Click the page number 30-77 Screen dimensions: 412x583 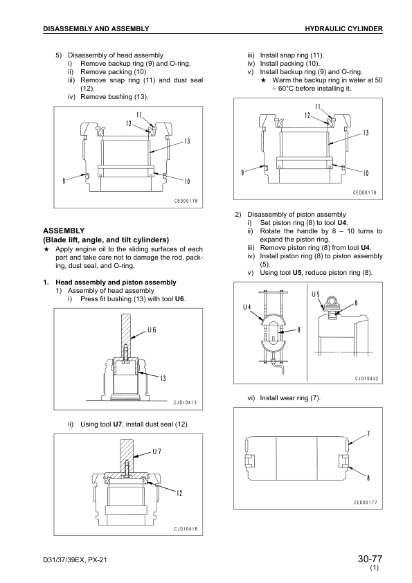pyautogui.click(x=370, y=559)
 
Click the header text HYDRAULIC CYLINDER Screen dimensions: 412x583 pyautogui.click(x=343, y=28)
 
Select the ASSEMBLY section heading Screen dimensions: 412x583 pyautogui.click(x=64, y=231)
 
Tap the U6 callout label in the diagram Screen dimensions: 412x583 pyautogui.click(x=152, y=330)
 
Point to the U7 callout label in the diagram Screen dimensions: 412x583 pyautogui.click(x=157, y=451)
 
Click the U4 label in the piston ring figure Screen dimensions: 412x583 pyautogui.click(x=247, y=307)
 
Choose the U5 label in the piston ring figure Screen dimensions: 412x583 pyautogui.click(x=316, y=294)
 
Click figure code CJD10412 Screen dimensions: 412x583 pyautogui.click(x=185, y=402)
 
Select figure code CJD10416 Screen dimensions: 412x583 pyautogui.click(x=186, y=529)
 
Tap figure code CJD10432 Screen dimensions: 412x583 pyautogui.click(x=366, y=379)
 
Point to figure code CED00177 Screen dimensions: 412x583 pyautogui.click(x=365, y=503)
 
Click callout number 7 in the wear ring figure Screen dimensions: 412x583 pyautogui.click(x=368, y=434)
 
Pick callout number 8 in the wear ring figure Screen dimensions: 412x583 pyautogui.click(x=368, y=477)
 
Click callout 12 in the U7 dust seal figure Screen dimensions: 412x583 pyautogui.click(x=179, y=493)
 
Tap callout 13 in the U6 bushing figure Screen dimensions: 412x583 pyautogui.click(x=163, y=379)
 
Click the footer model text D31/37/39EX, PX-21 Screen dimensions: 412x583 pyautogui.click(x=75, y=559)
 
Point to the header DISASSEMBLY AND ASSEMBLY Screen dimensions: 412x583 pyautogui.click(x=96, y=28)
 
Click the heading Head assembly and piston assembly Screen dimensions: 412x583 pyautogui.click(x=116, y=282)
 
